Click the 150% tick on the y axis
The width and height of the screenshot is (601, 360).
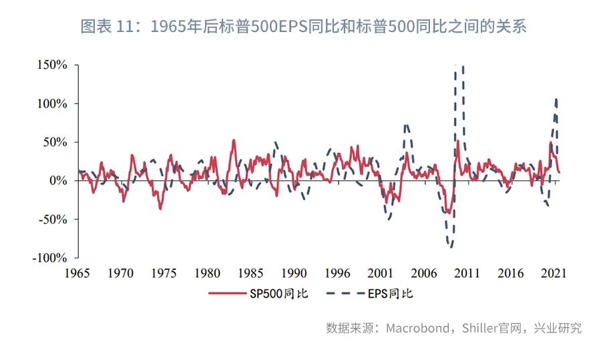pos(54,65)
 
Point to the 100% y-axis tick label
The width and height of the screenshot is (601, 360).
pos(54,104)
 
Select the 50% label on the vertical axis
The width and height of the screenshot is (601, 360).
pos(57,142)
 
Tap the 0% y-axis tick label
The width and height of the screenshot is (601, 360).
pos(59,181)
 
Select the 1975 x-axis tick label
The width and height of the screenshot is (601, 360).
pos(164,273)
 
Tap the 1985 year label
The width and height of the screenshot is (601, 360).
pos(250,273)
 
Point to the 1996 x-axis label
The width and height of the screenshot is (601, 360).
pos(337,273)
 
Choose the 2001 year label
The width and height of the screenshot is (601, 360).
pos(381,273)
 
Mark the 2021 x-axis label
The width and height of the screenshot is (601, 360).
pos(554,273)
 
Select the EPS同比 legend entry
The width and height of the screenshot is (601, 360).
pos(374,293)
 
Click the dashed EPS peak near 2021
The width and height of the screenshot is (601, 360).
pos(556,100)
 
